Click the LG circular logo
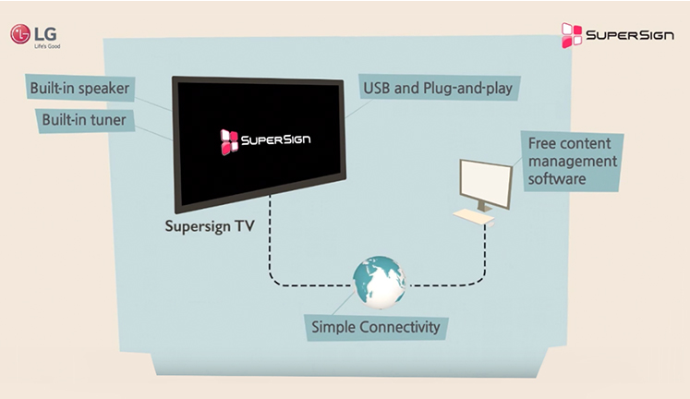(x=20, y=34)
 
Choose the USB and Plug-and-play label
(x=439, y=89)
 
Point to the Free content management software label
(x=572, y=161)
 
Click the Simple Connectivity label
(x=375, y=327)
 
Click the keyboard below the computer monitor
(x=475, y=216)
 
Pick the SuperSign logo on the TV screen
(x=264, y=139)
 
